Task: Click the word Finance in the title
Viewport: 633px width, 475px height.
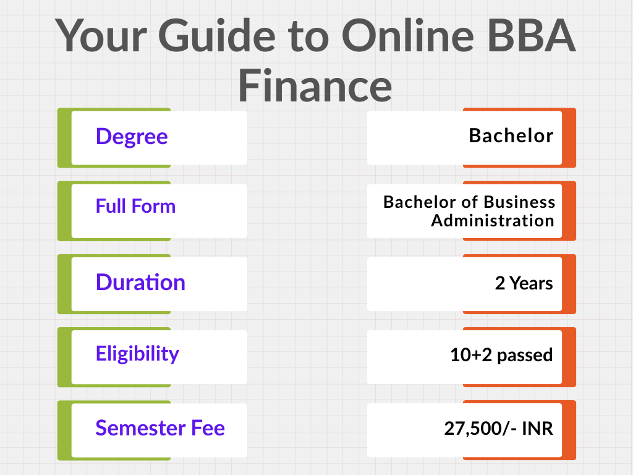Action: [x=315, y=85]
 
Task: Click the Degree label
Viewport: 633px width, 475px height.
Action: [x=132, y=137]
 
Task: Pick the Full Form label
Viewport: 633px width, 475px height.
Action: [x=135, y=206]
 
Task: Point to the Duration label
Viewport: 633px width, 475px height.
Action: [x=140, y=282]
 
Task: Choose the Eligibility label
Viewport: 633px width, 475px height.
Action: [x=137, y=354]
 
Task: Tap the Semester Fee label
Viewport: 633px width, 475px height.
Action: [x=160, y=428]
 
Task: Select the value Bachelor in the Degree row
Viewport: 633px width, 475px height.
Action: [x=511, y=135]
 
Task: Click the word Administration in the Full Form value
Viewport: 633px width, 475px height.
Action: [x=493, y=221]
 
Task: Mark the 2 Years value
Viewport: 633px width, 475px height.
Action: [x=524, y=283]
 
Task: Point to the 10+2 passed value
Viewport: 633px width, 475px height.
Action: [x=501, y=355]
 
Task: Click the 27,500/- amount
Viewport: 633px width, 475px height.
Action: [x=480, y=428]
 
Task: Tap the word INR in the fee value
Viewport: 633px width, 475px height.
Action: [x=537, y=428]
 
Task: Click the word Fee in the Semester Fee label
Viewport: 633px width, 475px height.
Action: [x=208, y=428]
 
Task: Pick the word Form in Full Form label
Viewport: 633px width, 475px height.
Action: [x=153, y=206]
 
